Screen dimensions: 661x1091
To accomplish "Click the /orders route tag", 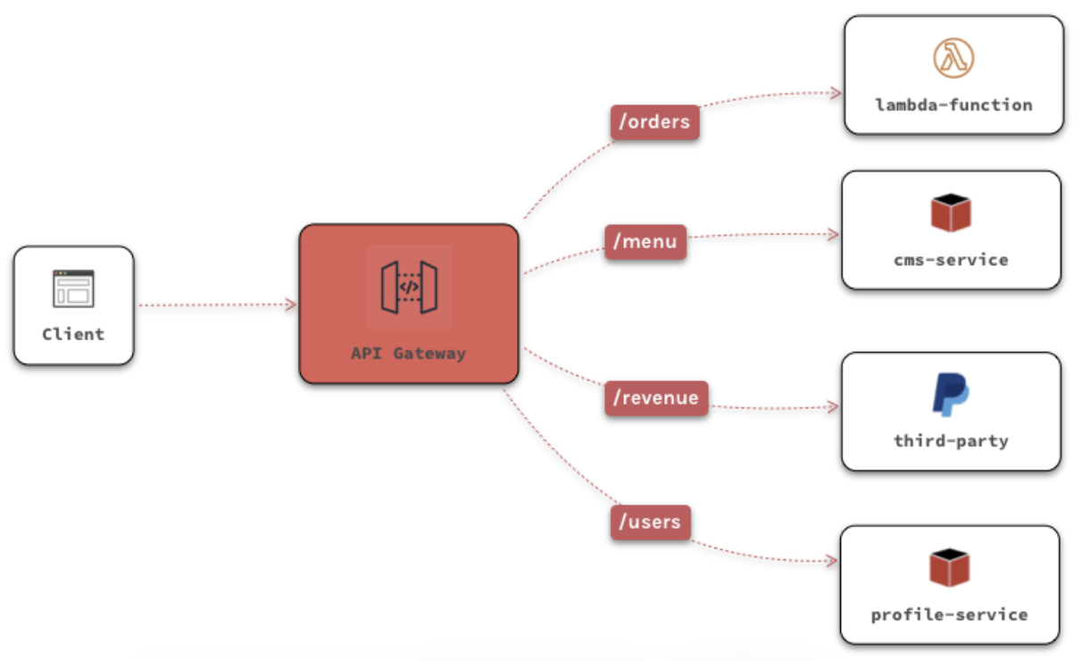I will point(654,122).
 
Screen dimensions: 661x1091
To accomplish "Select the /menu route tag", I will point(645,241).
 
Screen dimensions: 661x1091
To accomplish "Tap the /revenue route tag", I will point(655,397).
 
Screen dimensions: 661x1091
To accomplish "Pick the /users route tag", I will point(650,522).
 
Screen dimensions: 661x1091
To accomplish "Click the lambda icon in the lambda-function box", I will point(954,59).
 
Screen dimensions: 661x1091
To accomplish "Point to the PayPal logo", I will point(951,395).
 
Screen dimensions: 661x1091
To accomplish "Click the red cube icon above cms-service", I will point(951,213).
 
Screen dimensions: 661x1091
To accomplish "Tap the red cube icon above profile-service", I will point(949,568).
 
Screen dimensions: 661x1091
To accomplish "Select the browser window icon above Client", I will point(73,289).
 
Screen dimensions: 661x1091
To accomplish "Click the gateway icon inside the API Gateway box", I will point(408,288).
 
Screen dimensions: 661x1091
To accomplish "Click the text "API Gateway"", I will point(408,353).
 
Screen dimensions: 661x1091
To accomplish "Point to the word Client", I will point(73,334).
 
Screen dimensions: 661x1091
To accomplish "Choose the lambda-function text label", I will point(954,105).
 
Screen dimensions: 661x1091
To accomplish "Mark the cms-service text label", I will point(951,260).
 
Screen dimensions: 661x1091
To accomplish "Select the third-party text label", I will point(951,440).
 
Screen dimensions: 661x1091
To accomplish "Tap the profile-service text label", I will point(949,615).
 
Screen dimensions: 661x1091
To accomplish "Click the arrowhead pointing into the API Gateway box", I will point(291,305).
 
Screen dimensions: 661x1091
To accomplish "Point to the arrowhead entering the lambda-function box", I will point(837,93).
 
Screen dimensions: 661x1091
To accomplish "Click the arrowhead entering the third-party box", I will point(834,407).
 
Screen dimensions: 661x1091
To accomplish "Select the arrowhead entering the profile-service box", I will point(832,562).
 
